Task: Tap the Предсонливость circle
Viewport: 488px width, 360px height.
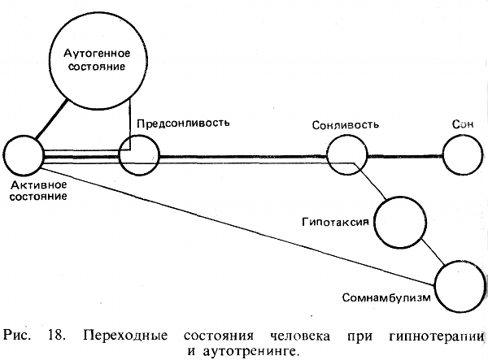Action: (x=138, y=155)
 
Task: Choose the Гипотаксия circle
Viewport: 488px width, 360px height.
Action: (x=399, y=219)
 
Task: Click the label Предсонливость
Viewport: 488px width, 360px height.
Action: (x=184, y=124)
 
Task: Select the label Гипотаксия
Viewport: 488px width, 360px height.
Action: (x=334, y=222)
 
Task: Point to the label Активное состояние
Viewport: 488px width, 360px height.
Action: (x=39, y=191)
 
